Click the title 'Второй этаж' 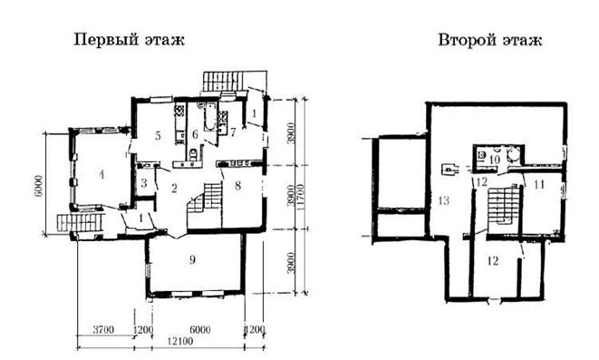tap(489, 40)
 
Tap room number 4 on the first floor tap(101, 175)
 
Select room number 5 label tap(158, 135)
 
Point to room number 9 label tap(192, 259)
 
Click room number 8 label tap(238, 186)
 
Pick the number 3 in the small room tap(144, 182)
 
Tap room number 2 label tap(174, 188)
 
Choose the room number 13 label tap(443, 200)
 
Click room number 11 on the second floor tap(538, 185)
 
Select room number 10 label tap(494, 160)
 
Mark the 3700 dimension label tap(103, 329)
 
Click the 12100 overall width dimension tap(180, 341)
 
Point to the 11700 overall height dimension tap(302, 197)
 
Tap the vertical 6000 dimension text tap(39, 186)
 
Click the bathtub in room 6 tap(210, 116)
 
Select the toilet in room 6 tap(193, 153)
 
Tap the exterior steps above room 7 tap(223, 81)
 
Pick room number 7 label tap(233, 132)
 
